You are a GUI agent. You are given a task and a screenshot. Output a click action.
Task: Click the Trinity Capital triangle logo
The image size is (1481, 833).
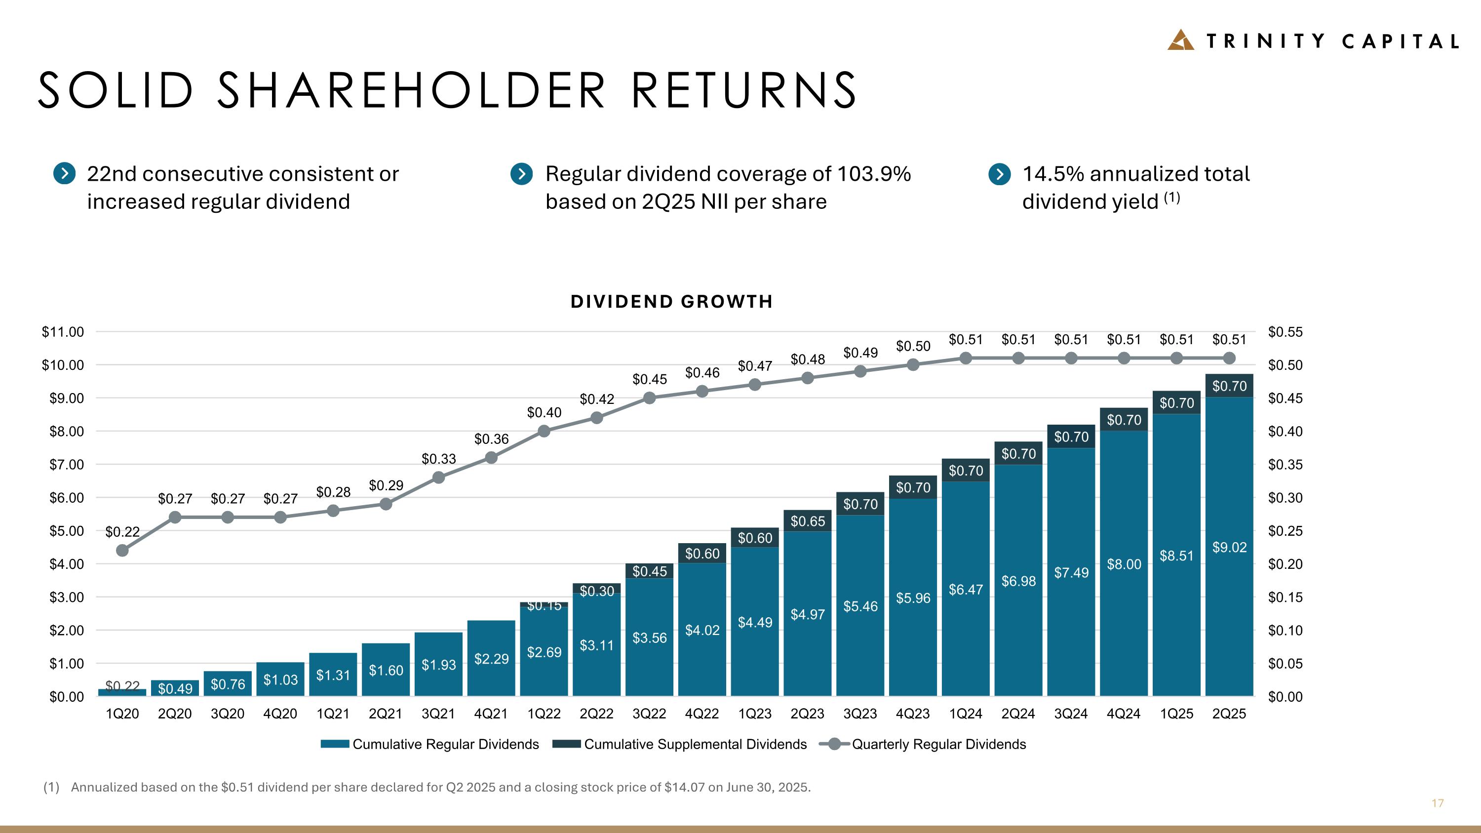(x=1180, y=40)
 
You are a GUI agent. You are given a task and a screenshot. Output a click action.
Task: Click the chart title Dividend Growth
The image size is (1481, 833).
(x=671, y=301)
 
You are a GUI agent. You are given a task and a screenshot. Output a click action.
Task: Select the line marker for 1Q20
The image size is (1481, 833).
(x=122, y=550)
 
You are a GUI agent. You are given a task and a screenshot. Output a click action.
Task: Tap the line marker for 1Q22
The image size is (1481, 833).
(x=544, y=431)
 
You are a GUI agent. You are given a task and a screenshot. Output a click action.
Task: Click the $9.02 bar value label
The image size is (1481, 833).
(x=1229, y=547)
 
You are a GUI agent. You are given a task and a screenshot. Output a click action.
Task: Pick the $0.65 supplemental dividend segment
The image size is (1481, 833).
(x=807, y=521)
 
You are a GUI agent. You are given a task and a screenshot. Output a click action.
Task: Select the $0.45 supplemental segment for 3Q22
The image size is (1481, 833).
(x=649, y=571)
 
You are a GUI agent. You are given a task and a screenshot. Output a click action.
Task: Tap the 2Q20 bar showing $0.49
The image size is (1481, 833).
(x=175, y=688)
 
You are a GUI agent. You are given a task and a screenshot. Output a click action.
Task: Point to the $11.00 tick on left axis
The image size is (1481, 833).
(x=63, y=332)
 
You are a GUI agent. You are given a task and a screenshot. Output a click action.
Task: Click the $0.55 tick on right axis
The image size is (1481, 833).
(x=1285, y=332)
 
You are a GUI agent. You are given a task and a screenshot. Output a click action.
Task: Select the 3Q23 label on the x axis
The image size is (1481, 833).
(x=860, y=714)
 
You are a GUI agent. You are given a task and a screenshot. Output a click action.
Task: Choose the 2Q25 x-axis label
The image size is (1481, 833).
(x=1229, y=714)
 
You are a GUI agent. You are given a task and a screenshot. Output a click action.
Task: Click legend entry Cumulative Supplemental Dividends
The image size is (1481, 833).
(x=680, y=744)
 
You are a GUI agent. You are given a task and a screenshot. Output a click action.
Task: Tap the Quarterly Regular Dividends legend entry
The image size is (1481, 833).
(x=923, y=744)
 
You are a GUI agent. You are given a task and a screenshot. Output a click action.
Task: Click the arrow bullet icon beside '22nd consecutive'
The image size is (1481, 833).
(x=64, y=173)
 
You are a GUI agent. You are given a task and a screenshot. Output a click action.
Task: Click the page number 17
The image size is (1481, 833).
(x=1437, y=803)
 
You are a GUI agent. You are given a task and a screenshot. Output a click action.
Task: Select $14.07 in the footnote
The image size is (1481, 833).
(x=684, y=787)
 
